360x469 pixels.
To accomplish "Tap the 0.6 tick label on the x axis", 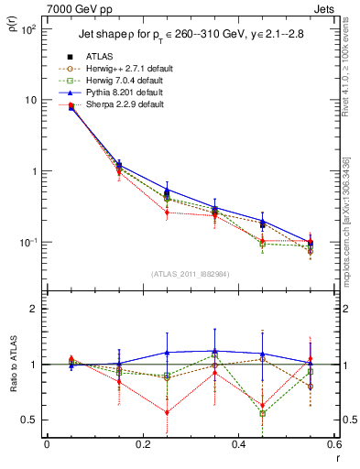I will click(x=333, y=444).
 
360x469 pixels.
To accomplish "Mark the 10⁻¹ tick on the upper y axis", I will click(x=28, y=243).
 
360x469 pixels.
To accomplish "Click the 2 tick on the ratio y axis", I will click(x=33, y=310).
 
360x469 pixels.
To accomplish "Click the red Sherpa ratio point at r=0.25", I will click(x=167, y=412).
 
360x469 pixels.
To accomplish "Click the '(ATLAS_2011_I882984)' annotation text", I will click(x=190, y=275).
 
